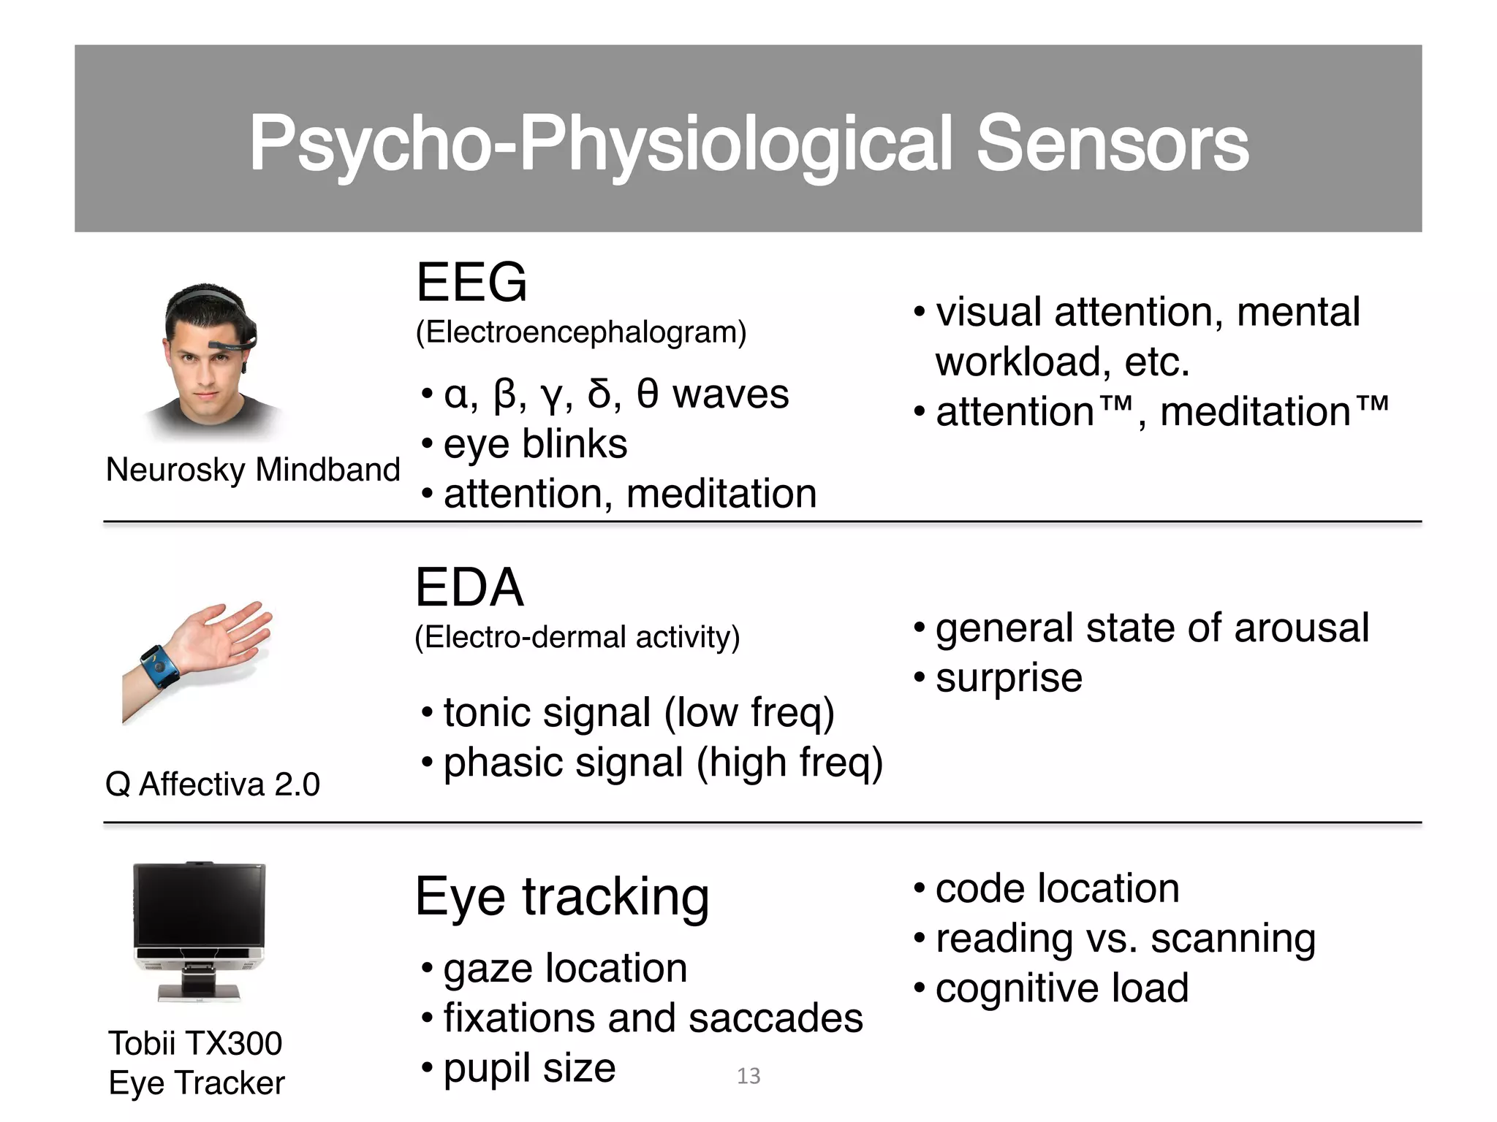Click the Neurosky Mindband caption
click(x=253, y=470)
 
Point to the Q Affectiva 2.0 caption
click(x=213, y=785)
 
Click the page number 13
click(x=748, y=1076)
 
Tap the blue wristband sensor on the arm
click(x=159, y=665)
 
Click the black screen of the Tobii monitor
click(x=200, y=904)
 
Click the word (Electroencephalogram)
click(x=581, y=332)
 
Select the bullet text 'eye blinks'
click(x=535, y=444)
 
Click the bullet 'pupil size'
click(x=529, y=1068)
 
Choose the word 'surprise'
click(x=1009, y=678)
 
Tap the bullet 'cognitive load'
click(x=1061, y=988)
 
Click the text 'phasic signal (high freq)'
click(x=663, y=763)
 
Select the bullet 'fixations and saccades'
click(x=653, y=1018)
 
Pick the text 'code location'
click(x=1057, y=889)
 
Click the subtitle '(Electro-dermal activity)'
click(x=577, y=637)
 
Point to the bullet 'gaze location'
click(x=565, y=969)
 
